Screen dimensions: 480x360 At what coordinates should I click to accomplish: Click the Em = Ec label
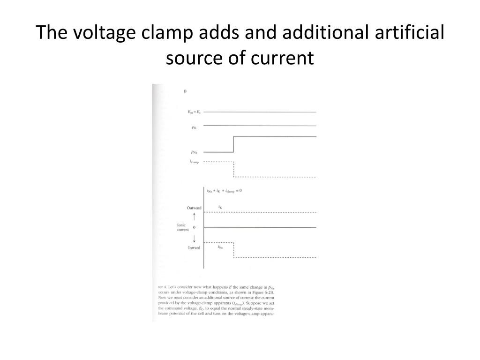tap(194, 112)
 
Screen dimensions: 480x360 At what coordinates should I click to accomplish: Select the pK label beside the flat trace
tap(194, 127)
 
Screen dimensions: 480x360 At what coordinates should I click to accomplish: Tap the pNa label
tap(194, 152)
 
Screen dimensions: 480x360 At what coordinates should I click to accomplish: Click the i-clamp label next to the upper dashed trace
tap(194, 162)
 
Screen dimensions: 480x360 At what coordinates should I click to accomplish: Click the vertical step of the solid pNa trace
tap(233, 144)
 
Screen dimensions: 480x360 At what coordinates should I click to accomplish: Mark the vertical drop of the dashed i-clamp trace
tap(233, 169)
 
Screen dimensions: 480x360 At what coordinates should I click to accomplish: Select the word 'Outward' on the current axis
tap(194, 208)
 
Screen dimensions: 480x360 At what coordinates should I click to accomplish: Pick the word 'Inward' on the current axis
tap(194, 247)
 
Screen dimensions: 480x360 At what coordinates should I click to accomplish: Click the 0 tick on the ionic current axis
tap(194, 227)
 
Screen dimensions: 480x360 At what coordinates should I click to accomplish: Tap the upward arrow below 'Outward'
tap(194, 217)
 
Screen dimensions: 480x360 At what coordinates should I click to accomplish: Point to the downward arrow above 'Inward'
tap(194, 238)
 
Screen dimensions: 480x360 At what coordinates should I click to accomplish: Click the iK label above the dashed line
tap(220, 207)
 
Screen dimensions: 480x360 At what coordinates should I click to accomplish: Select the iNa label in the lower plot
tap(220, 247)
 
